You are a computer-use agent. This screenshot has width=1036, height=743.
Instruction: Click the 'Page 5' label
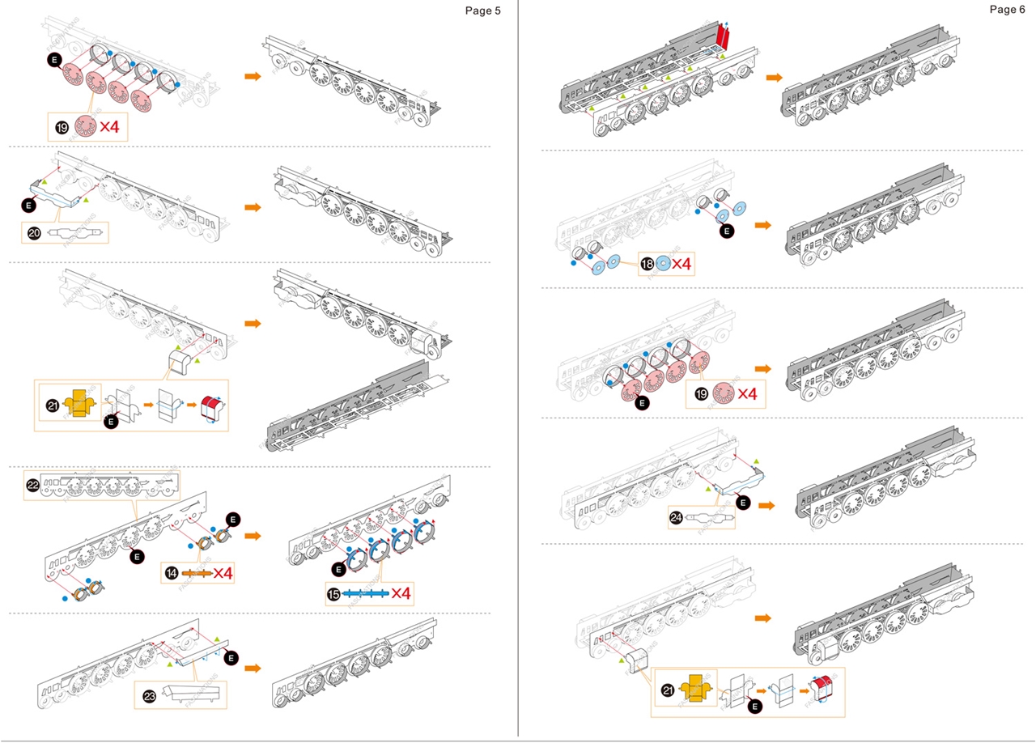pyautogui.click(x=482, y=11)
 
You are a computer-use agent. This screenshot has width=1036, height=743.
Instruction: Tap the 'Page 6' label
pyautogui.click(x=1006, y=9)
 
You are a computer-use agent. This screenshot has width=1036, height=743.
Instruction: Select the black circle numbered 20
pyautogui.click(x=34, y=233)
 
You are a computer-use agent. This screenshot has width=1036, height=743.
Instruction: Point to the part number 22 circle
pyautogui.click(x=33, y=484)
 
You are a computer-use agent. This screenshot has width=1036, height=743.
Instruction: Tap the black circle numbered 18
pyautogui.click(x=647, y=264)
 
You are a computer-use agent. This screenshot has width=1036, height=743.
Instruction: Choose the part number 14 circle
pyautogui.click(x=171, y=573)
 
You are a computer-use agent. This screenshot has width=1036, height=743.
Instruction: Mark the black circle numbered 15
pyautogui.click(x=333, y=594)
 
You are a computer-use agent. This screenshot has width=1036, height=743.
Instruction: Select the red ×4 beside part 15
pyautogui.click(x=401, y=594)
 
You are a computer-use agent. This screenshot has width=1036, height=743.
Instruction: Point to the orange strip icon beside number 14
pyautogui.click(x=195, y=573)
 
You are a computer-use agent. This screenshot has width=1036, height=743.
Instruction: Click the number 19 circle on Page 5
pyautogui.click(x=61, y=127)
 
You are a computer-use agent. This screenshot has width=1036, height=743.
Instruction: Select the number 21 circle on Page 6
pyautogui.click(x=667, y=690)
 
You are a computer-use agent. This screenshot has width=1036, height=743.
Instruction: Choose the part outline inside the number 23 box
pyautogui.click(x=190, y=694)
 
